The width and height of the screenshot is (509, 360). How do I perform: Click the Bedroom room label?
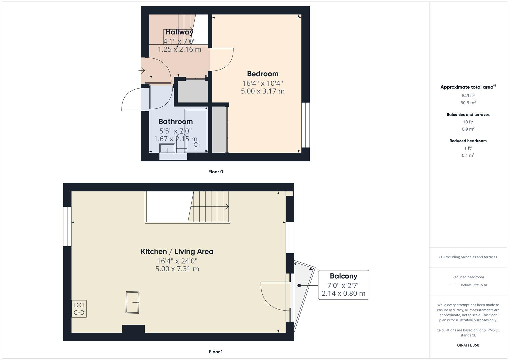pyautogui.click(x=263, y=74)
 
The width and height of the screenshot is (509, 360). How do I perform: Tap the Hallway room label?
pyautogui.click(x=179, y=32)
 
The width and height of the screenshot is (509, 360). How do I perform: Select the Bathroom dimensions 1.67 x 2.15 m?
pyautogui.click(x=176, y=139)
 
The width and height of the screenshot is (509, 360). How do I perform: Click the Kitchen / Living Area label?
pyautogui.click(x=177, y=251)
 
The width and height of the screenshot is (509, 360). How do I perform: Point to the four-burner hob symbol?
pyautogui.click(x=79, y=309)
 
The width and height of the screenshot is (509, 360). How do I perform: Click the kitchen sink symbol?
pyautogui.click(x=132, y=302)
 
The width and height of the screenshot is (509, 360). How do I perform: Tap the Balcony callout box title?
pyautogui.click(x=343, y=276)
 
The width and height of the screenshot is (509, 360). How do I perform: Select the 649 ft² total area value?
pyautogui.click(x=468, y=96)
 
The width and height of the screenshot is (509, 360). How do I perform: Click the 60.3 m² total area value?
pyautogui.click(x=468, y=103)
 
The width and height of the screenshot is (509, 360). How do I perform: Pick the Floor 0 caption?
pyautogui.click(x=216, y=172)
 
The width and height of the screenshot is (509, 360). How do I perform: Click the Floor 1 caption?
pyautogui.click(x=216, y=352)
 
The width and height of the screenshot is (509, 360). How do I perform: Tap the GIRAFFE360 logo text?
pyautogui.click(x=468, y=345)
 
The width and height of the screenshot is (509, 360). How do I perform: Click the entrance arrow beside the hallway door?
pyautogui.click(x=142, y=71)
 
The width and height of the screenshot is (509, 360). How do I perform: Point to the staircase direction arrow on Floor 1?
pyautogui.click(x=227, y=207)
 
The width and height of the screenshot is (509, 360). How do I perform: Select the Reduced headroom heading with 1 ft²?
pyautogui.click(x=468, y=141)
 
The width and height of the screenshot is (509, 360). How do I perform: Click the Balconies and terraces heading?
pyautogui.click(x=468, y=114)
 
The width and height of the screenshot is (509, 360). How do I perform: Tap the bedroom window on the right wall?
pyautogui.click(x=305, y=125)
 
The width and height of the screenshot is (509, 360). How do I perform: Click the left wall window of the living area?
pyautogui.click(x=67, y=226)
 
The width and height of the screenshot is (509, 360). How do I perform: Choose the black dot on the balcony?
pyautogui.click(x=299, y=286)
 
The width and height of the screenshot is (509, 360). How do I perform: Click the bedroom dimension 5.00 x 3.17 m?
pyautogui.click(x=263, y=91)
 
